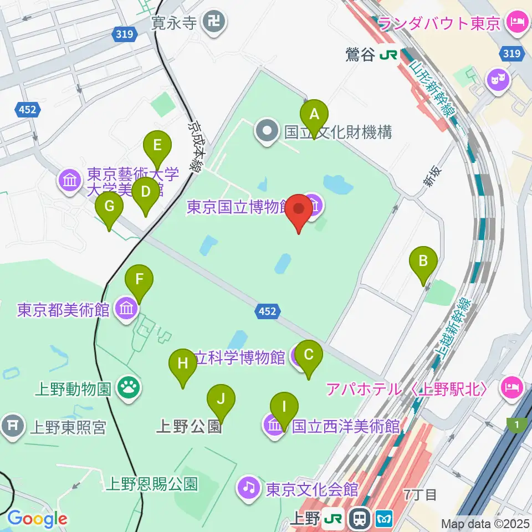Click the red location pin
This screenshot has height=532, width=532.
click(x=299, y=212)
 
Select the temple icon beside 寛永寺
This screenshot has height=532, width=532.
click(x=214, y=23)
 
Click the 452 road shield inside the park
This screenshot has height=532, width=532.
click(x=267, y=312)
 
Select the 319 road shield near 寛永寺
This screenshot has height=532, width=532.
click(x=124, y=34)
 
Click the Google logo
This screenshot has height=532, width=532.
click(x=37, y=519)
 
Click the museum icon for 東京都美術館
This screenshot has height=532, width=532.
click(x=127, y=309)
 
